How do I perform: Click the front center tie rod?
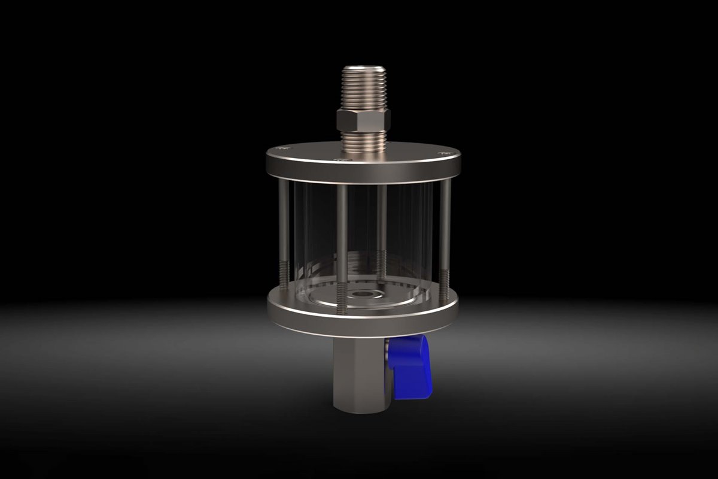[342, 239]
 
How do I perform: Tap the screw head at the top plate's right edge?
[443, 154]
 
